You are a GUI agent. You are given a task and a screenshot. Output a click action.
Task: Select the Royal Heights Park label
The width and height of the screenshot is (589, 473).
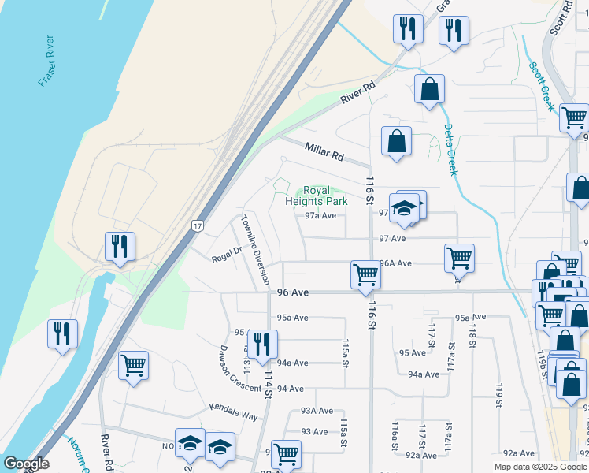click(x=315, y=196)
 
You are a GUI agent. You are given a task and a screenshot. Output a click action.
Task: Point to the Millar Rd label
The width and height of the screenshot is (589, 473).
click(x=324, y=150)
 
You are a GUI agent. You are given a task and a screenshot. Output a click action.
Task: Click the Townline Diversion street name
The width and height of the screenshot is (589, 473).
click(x=255, y=249)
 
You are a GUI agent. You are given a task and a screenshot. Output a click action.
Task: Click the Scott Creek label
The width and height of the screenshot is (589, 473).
click(x=543, y=86)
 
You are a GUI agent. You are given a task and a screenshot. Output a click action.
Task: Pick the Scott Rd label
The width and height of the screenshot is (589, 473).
click(x=561, y=17)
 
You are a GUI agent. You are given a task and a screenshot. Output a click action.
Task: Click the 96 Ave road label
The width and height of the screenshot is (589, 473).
click(x=291, y=292)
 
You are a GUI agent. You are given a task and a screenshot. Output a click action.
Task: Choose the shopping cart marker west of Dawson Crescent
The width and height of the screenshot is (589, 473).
click(x=134, y=365)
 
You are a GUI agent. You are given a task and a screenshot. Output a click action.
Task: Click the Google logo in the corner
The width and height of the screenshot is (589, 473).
click(x=27, y=464)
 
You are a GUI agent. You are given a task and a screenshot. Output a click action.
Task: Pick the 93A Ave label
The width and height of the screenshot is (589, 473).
click(x=317, y=411)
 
